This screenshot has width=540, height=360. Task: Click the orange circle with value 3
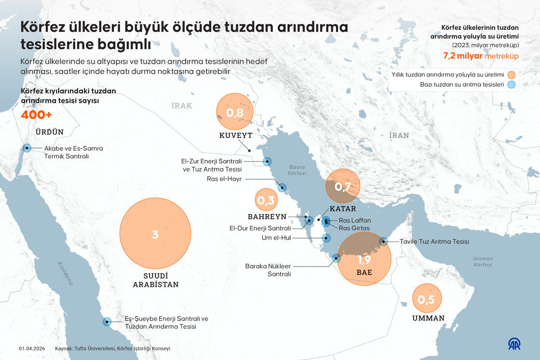pos(155,235)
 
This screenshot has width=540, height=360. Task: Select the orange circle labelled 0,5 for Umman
pos(426,300)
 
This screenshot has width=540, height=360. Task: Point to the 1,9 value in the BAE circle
pos(364,260)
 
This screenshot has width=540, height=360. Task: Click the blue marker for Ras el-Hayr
pos(282,188)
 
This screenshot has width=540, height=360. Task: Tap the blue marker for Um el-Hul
pos(326,238)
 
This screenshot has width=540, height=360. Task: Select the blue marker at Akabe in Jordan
pos(27,148)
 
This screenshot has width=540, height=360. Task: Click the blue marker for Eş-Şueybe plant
pos(107,322)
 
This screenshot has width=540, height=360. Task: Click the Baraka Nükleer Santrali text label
pos(268,270)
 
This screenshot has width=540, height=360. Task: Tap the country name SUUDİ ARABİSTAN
pos(155,280)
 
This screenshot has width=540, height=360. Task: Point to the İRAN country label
pos(399,135)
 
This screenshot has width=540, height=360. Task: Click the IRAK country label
pos(181,106)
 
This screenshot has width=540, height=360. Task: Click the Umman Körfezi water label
pos(483,262)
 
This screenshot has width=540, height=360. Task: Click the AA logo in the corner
pos(514,344)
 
